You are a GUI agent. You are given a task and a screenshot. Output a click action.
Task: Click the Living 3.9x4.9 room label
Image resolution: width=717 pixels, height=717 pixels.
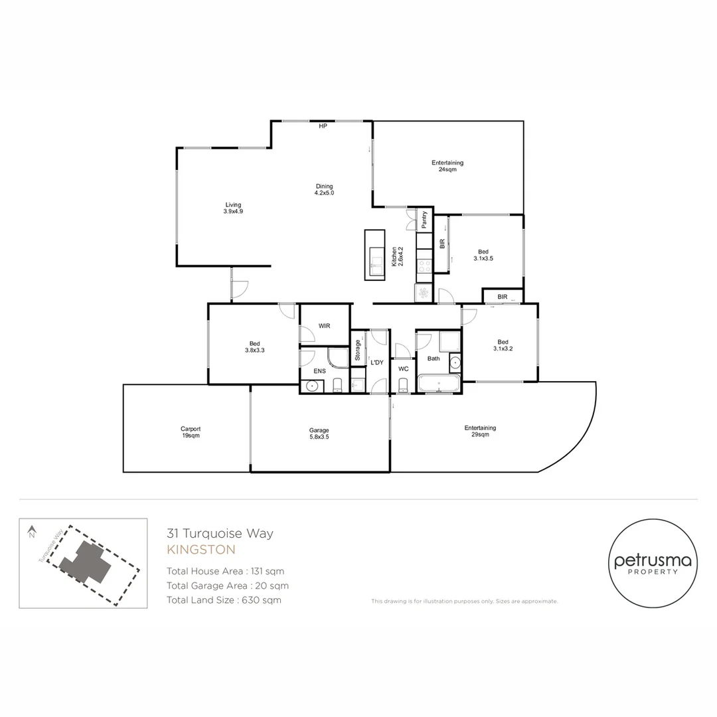pos(232,208)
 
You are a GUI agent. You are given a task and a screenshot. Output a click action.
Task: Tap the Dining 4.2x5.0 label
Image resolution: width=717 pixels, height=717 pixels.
pos(324,189)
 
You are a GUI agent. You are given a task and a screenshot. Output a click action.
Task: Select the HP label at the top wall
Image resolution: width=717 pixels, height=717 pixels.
pos(323,126)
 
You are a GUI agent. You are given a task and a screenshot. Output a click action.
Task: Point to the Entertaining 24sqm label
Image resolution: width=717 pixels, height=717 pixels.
pos(447,166)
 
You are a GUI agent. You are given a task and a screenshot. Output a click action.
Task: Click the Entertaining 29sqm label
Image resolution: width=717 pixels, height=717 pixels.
pos(479,432)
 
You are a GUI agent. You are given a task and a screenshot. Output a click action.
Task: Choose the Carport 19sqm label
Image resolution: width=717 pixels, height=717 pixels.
pos(191,432)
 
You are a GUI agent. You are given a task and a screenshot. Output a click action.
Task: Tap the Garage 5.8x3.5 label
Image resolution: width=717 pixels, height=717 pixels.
pos(319,434)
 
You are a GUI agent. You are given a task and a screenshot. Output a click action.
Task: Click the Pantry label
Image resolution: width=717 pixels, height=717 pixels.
pos(424,219)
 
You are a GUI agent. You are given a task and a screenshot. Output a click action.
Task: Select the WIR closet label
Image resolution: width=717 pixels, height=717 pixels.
pos(324,326)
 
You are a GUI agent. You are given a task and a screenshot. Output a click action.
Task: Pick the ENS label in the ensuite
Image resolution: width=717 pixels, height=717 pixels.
pos(319,371)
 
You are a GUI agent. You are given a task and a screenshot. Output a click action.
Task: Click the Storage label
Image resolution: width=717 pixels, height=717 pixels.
pos(357,350)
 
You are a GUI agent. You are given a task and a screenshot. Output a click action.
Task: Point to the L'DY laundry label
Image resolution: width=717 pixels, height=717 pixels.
pos(377,362)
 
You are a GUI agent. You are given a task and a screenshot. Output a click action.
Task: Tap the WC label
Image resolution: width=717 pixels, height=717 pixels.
pos(403,368)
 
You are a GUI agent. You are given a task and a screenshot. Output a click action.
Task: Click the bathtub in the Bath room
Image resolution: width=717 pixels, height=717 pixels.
pos(438,384)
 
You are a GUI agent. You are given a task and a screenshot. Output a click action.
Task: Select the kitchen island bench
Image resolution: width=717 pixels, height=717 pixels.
pos(374,254)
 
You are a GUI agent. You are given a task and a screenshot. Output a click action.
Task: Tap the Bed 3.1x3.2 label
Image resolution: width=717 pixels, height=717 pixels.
pos(503,345)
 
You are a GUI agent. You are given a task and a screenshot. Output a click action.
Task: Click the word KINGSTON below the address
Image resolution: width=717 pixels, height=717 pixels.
pos(200,550)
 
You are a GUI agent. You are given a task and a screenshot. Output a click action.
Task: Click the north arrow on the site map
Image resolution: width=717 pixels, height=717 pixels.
pos(32,532)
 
